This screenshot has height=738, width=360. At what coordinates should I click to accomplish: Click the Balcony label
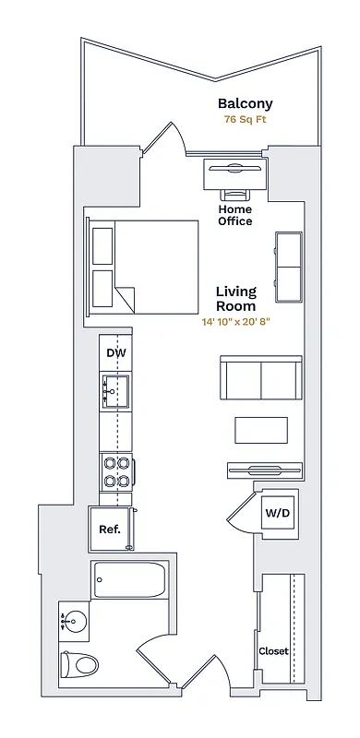pos(245,104)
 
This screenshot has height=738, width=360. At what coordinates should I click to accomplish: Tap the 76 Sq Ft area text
pos(245,120)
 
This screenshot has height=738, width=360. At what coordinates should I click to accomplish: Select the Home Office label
pos(234,215)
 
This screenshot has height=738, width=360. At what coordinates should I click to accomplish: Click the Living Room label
pos(235,299)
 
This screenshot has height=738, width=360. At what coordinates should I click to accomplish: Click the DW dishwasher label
pos(115,353)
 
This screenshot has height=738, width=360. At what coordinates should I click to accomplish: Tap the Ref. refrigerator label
pos(110,530)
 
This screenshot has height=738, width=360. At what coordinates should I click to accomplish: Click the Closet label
pos(273,650)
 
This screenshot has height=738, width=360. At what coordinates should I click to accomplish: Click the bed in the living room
pos(146,266)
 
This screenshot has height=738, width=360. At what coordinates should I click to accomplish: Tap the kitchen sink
pos(115,391)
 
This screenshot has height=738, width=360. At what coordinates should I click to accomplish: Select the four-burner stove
pos(115,471)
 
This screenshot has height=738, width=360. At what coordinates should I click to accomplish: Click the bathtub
pos(129,581)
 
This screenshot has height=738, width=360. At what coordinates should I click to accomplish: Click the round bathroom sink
pos(73,621)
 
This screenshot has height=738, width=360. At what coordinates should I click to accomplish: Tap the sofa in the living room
pos(260,376)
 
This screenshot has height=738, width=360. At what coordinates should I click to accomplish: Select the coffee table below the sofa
pos(260,430)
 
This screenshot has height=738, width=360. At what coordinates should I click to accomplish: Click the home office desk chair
pos(234,194)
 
